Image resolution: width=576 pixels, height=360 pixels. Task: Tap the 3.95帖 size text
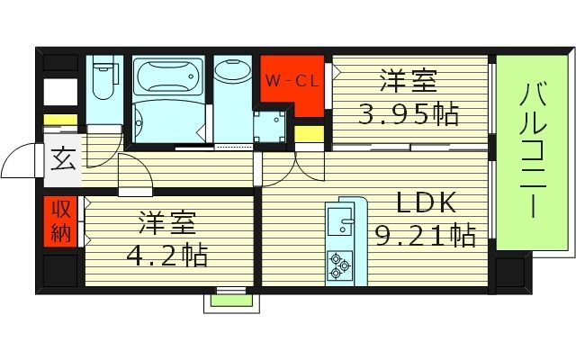(x=409, y=114)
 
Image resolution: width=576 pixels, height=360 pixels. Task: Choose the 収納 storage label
(x=60, y=222)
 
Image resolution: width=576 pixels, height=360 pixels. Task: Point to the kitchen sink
(x=340, y=219)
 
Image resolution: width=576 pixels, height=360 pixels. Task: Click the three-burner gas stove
(x=340, y=260)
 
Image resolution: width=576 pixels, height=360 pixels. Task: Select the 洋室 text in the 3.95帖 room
(x=407, y=82)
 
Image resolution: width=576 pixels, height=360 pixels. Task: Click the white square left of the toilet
(x=60, y=92)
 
